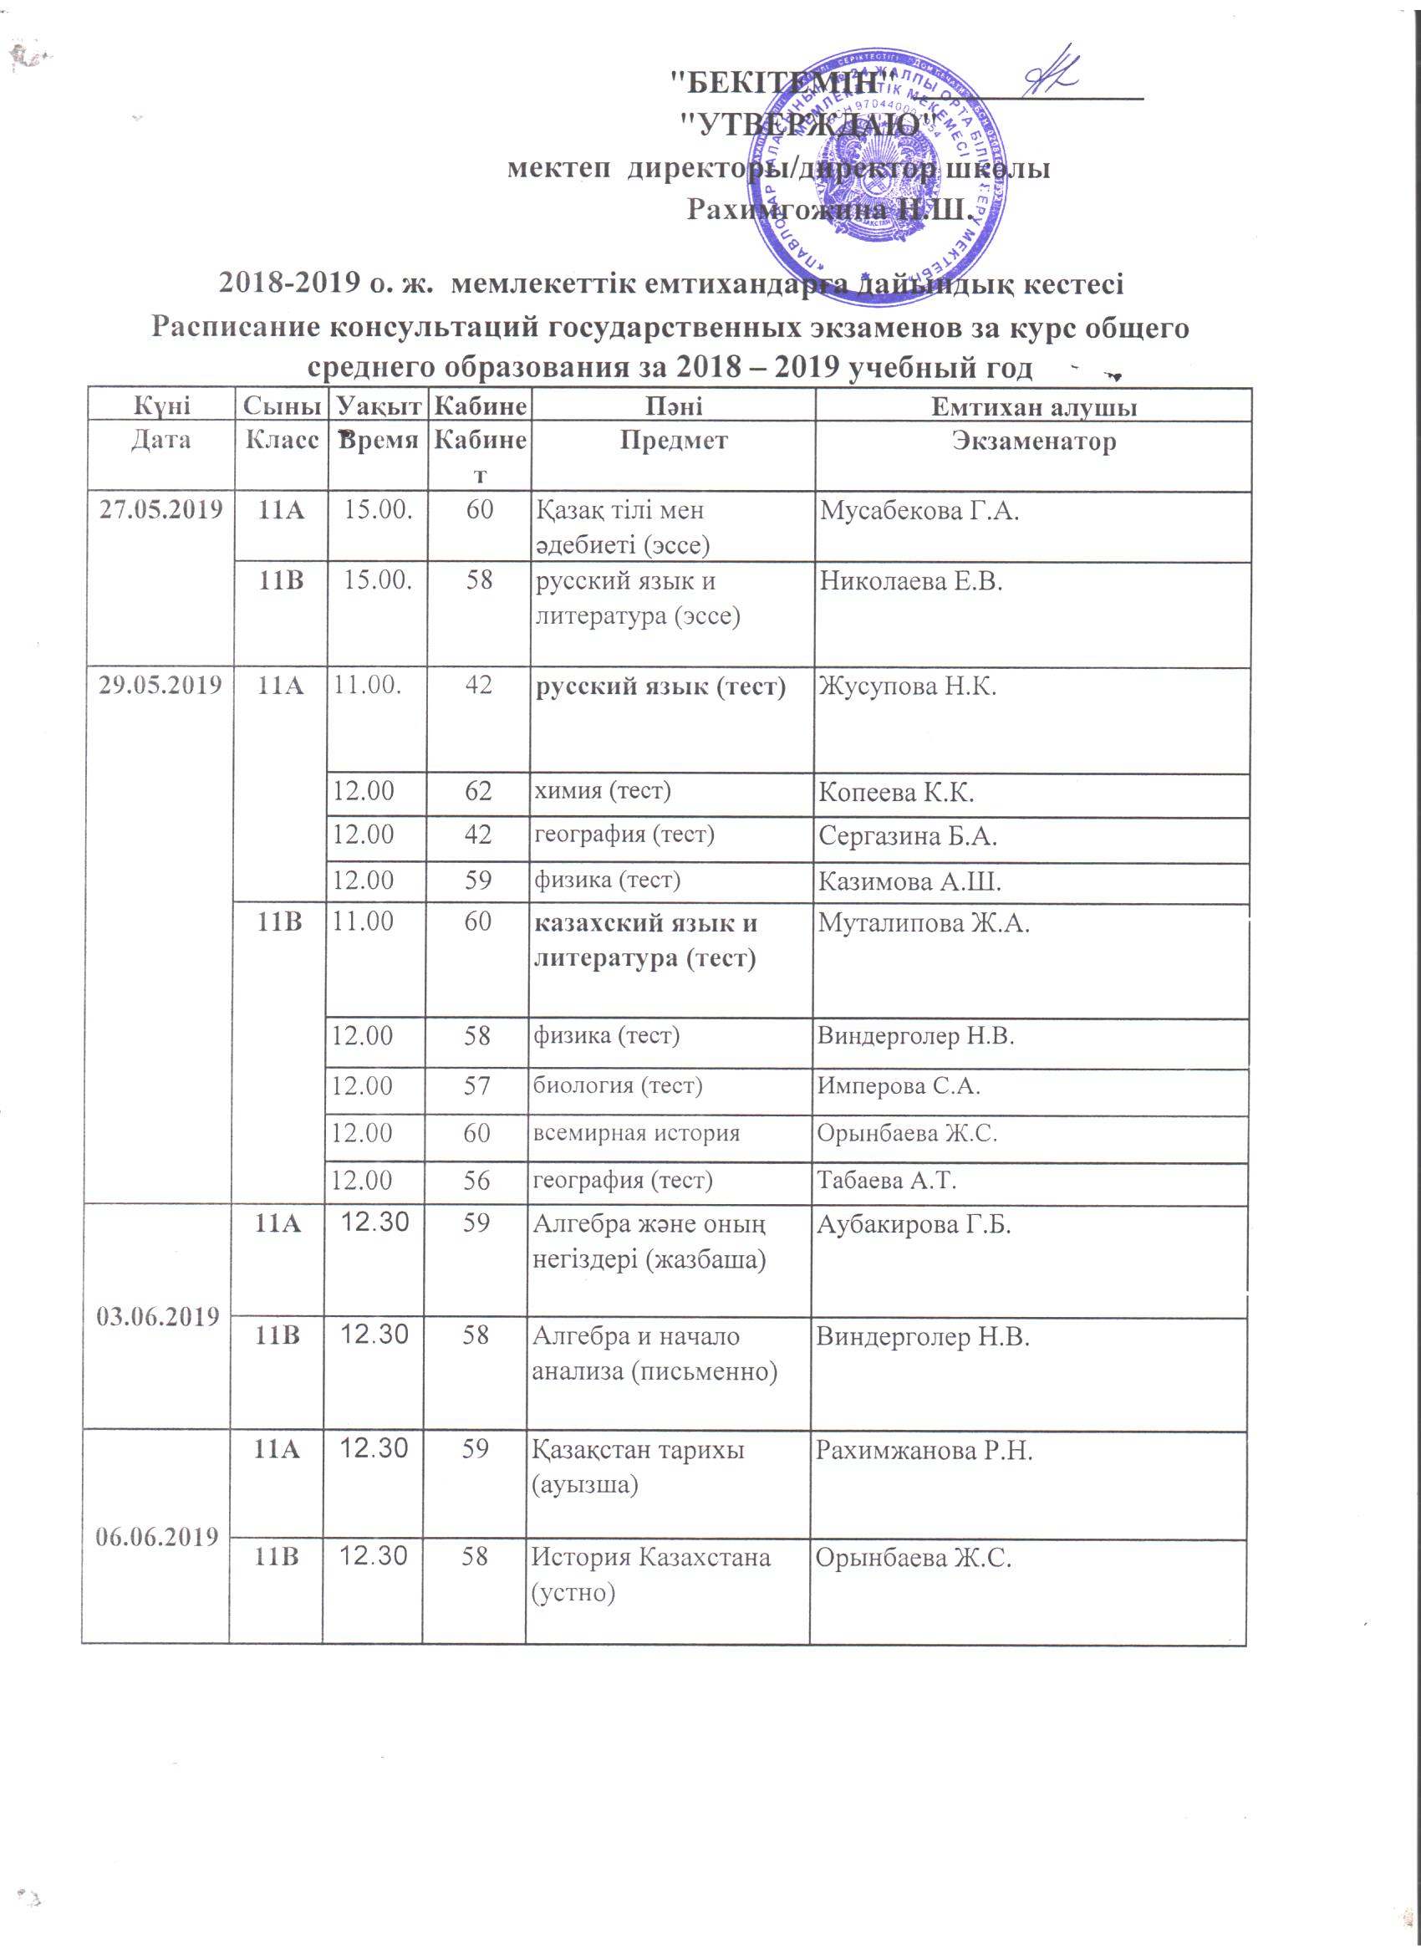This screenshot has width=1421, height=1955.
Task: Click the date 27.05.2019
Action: (x=160, y=509)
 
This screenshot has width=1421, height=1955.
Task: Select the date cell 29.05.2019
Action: (x=160, y=686)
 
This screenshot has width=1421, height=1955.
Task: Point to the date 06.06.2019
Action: (x=156, y=1536)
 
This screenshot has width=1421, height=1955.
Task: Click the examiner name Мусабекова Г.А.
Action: (x=919, y=511)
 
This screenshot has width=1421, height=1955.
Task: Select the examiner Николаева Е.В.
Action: (x=912, y=582)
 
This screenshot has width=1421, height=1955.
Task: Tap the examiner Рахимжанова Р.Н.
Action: (x=924, y=1452)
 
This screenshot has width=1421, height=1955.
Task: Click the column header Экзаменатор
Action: (x=1033, y=442)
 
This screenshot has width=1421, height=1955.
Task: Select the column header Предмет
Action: (x=674, y=441)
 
